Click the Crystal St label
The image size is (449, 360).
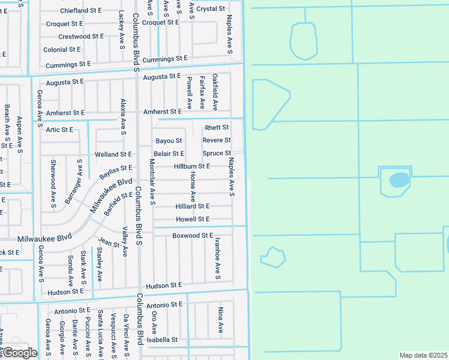pyautogui.click(x=211, y=9)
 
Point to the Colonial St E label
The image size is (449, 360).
pyautogui.click(x=62, y=50)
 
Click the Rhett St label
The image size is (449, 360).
pyautogui.click(x=217, y=128)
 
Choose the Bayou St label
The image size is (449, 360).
pyautogui.click(x=169, y=141)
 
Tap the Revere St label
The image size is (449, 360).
pyautogui.click(x=217, y=140)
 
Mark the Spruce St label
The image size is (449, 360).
pyautogui.click(x=217, y=154)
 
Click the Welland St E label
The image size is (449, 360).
pyautogui.click(x=113, y=155)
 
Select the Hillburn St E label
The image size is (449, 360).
pyautogui.click(x=192, y=166)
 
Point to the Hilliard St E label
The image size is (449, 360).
pyautogui.click(x=192, y=206)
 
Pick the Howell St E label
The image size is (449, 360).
pyautogui.click(x=193, y=220)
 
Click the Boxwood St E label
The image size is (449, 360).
pyautogui.click(x=193, y=236)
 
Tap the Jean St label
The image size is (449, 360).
pyautogui.click(x=109, y=242)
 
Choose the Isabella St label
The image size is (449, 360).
pyautogui.click(x=163, y=340)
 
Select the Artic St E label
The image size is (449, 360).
pyautogui.click(x=59, y=130)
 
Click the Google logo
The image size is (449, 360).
pyautogui.click(x=19, y=353)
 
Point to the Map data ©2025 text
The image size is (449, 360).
pyautogui.click(x=423, y=355)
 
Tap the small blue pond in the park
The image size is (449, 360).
pyautogui.click(x=398, y=179)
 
